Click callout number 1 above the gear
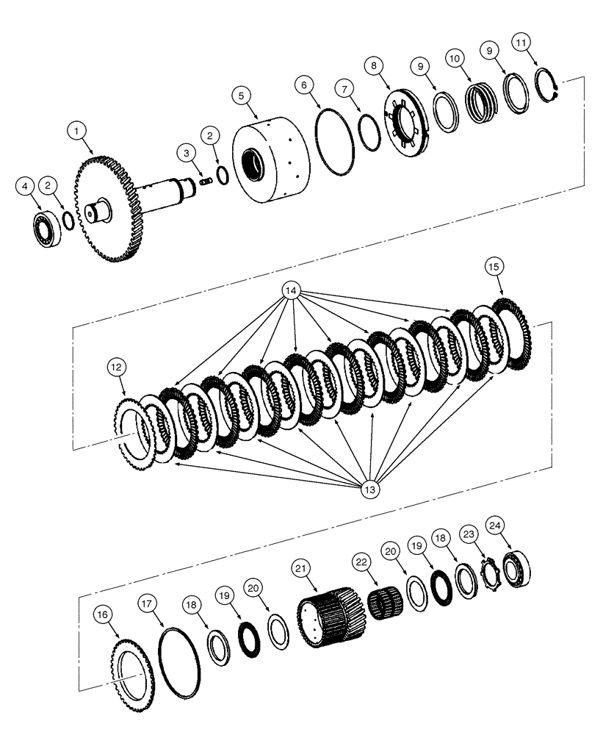click(76, 132)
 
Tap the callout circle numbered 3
click(187, 152)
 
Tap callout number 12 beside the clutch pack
click(117, 366)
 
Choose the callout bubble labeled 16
click(104, 614)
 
